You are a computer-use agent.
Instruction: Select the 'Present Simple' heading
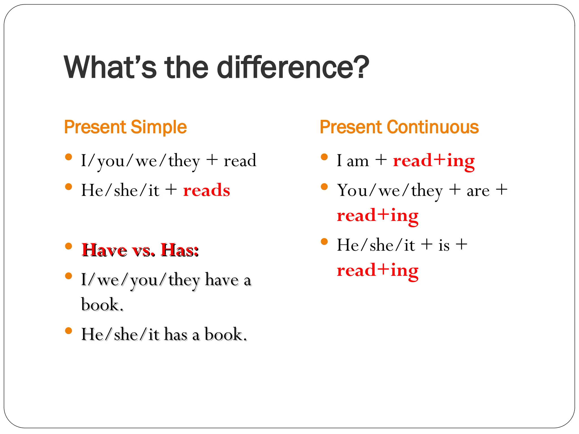click(125, 127)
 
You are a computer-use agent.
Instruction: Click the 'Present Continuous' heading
click(399, 127)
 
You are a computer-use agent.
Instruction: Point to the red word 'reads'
click(206, 190)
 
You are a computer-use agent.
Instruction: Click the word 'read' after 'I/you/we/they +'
click(240, 160)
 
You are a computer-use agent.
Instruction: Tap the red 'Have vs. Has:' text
click(140, 250)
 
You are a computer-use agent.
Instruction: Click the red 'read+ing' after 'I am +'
click(434, 160)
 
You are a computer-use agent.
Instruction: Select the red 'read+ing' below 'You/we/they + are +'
click(377, 216)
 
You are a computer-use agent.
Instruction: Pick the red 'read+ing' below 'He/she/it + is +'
click(377, 270)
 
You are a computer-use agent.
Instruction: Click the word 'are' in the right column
click(478, 191)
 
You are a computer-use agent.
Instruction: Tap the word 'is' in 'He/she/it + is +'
click(444, 245)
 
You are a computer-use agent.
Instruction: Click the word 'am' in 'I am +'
click(358, 161)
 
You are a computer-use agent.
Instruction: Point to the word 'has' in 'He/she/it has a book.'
click(176, 335)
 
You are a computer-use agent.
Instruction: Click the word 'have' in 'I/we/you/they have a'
click(222, 280)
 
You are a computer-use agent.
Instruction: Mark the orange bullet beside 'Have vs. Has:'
click(68, 246)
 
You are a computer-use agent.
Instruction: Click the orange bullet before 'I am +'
click(324, 157)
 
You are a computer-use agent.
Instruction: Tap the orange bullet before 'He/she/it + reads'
click(68, 186)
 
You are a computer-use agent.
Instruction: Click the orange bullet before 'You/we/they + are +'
click(324, 186)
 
